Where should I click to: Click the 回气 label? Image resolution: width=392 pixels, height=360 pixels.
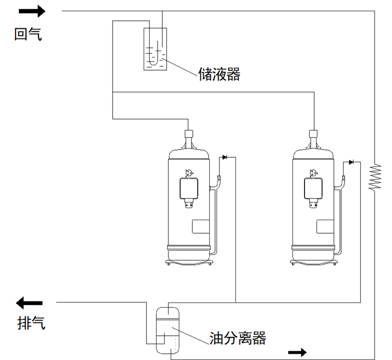pos(28,34)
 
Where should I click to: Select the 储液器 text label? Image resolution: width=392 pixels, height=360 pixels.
pos(218,74)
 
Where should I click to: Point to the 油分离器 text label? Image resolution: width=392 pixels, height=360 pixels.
pos(237,337)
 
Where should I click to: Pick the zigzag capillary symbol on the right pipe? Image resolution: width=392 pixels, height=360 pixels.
pos(375,177)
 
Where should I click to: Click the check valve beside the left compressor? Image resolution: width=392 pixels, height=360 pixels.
pos(225,157)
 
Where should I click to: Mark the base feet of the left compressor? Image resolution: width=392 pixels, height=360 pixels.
pos(189,262)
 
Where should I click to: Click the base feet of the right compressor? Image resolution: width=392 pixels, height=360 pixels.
pos(314,262)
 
